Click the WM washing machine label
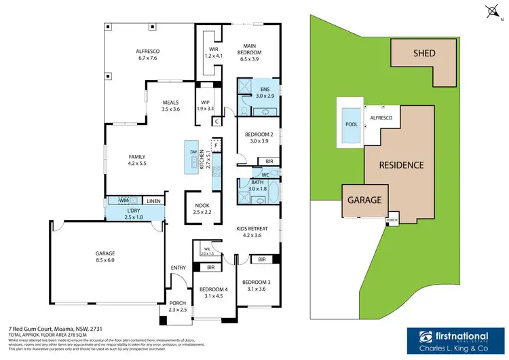click(x=124, y=200)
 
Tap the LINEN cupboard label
click(x=153, y=201)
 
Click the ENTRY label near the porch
click(x=178, y=268)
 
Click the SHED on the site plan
click(x=423, y=54)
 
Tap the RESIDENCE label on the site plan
click(x=401, y=165)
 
